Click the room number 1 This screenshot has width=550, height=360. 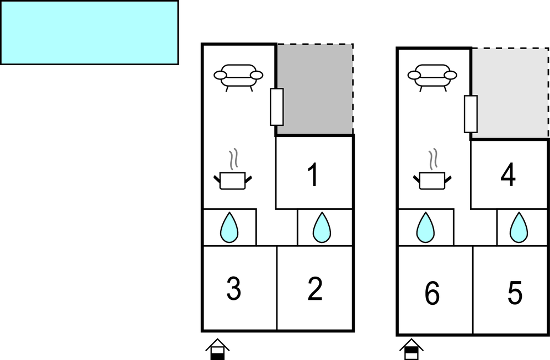pyautogui.click(x=313, y=175)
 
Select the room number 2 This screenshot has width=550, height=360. pyautogui.click(x=314, y=289)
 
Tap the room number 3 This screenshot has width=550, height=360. pyautogui.click(x=234, y=289)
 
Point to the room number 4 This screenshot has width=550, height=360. pyautogui.click(x=508, y=176)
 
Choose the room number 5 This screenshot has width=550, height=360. pyautogui.click(x=514, y=294)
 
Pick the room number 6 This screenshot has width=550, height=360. pyautogui.click(x=432, y=294)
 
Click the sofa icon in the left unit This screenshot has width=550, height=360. pyautogui.click(x=238, y=77)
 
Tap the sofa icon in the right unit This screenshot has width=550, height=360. pyautogui.click(x=432, y=77)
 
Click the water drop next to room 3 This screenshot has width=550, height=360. pyautogui.click(x=229, y=228)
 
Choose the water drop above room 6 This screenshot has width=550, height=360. pyautogui.click(x=425, y=228)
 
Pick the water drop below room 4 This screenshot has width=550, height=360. pyautogui.click(x=518, y=228)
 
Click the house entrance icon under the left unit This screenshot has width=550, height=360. pyautogui.click(x=218, y=350)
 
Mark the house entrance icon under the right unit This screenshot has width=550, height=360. pyautogui.click(x=412, y=350)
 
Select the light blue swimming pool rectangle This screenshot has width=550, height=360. pyautogui.click(x=89, y=33)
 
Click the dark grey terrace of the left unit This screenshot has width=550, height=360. pyautogui.click(x=317, y=88)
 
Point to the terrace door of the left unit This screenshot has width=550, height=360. pyautogui.click(x=276, y=107)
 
